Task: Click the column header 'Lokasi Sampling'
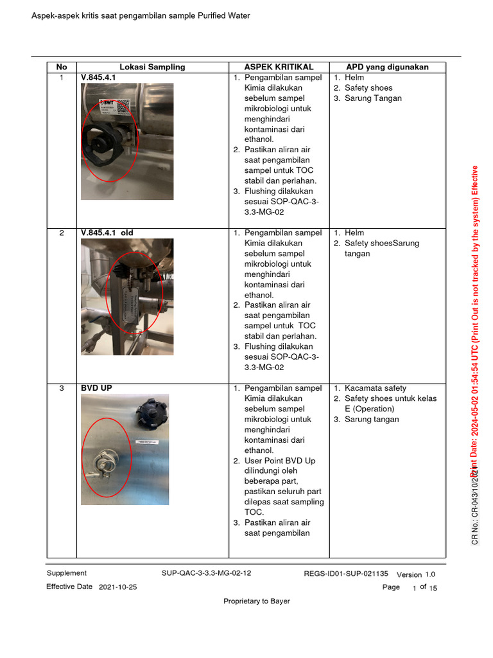coord(152,67)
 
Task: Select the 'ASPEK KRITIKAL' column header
coord(279,67)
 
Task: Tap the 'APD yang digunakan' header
coord(387,67)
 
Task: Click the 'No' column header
coord(62,67)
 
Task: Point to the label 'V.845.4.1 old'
coord(107,233)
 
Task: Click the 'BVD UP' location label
coord(96,388)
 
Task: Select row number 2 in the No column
coord(62,233)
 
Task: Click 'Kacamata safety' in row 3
coord(375,388)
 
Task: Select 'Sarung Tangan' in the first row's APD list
coord(373,98)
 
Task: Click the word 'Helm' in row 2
coord(354,233)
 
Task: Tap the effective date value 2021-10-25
coord(117,587)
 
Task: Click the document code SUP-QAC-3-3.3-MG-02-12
coord(206,573)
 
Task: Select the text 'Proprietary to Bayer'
coord(256,601)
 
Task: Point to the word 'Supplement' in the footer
coord(66,573)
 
